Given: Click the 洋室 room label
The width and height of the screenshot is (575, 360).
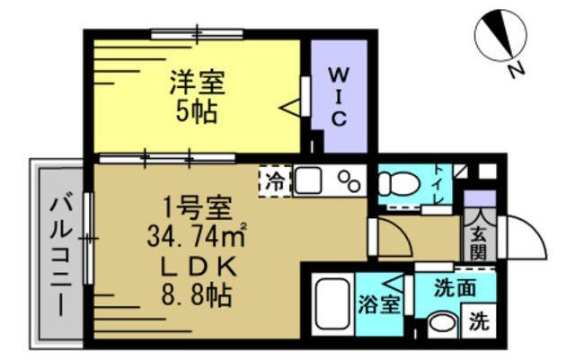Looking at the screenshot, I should point(198,85).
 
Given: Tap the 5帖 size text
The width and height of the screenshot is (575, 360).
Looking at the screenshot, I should point(198,114).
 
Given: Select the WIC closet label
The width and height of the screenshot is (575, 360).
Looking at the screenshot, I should point(339,94).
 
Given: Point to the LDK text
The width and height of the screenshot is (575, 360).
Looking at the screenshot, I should point(197,267).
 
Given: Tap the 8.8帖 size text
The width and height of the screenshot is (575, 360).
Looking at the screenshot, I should point(197,295).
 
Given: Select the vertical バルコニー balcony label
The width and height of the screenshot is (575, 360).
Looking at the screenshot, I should point(59,255).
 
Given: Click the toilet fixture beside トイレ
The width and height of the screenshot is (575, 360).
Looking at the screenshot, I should point(394,185).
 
